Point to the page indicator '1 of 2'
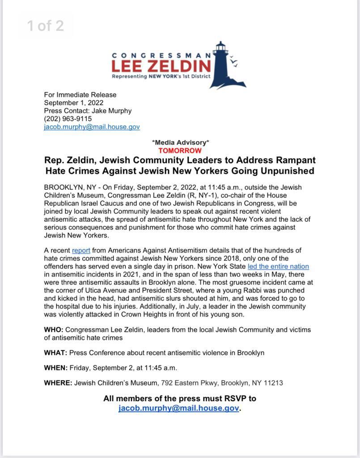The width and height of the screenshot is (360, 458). pos(46,25)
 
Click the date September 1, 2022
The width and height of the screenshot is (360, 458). pos(74,102)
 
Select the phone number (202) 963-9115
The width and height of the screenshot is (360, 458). pos(68,119)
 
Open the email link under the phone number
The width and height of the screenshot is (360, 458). pos(92,127)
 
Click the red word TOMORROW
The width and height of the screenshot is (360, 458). pos(180,151)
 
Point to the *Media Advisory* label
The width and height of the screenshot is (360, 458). pos(180,143)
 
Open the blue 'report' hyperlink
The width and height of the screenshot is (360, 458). pos(81,250)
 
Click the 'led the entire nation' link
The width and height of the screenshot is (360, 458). pos(278,267)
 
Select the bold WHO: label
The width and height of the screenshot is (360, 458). pos(54,330)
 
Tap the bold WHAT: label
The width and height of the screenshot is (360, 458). pos(55,352)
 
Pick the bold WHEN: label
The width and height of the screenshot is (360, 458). pos(56,368)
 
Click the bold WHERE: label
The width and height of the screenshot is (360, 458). pos(58,383)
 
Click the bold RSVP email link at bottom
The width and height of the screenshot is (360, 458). pos(178,408)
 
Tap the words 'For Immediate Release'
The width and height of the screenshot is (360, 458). pos(80,94)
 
